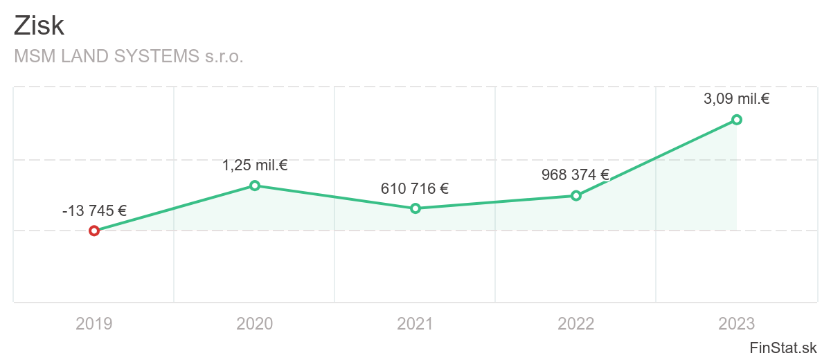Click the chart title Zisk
(x=39, y=26)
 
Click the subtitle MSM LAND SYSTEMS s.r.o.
(x=129, y=56)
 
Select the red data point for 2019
(x=94, y=231)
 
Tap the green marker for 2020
(x=255, y=186)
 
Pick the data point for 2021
(x=415, y=208)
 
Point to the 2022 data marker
(x=576, y=195)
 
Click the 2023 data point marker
(x=737, y=120)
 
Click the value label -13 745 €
(x=94, y=210)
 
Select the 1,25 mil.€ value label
(x=255, y=165)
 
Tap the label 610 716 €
(x=415, y=188)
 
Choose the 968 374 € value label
(x=575, y=175)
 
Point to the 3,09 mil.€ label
(x=737, y=99)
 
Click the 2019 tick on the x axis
(x=94, y=323)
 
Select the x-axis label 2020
(x=255, y=323)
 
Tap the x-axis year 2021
(x=415, y=323)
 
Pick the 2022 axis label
(x=576, y=323)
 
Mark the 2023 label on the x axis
(x=737, y=323)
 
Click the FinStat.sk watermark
(x=783, y=347)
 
